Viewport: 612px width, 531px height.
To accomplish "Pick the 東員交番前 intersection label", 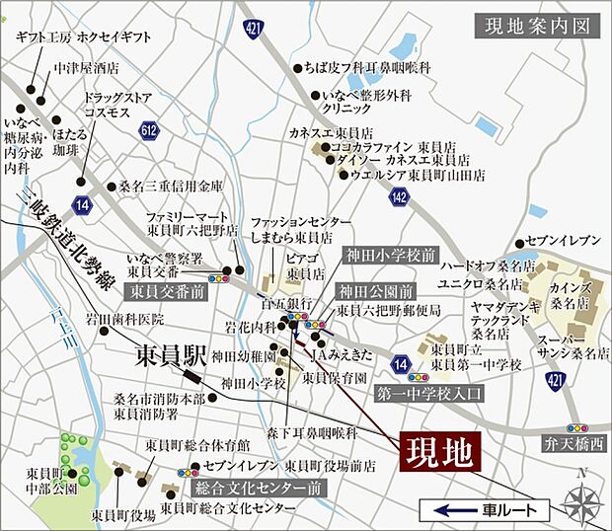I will [165, 292].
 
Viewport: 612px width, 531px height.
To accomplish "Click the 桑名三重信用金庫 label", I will [171, 185].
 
